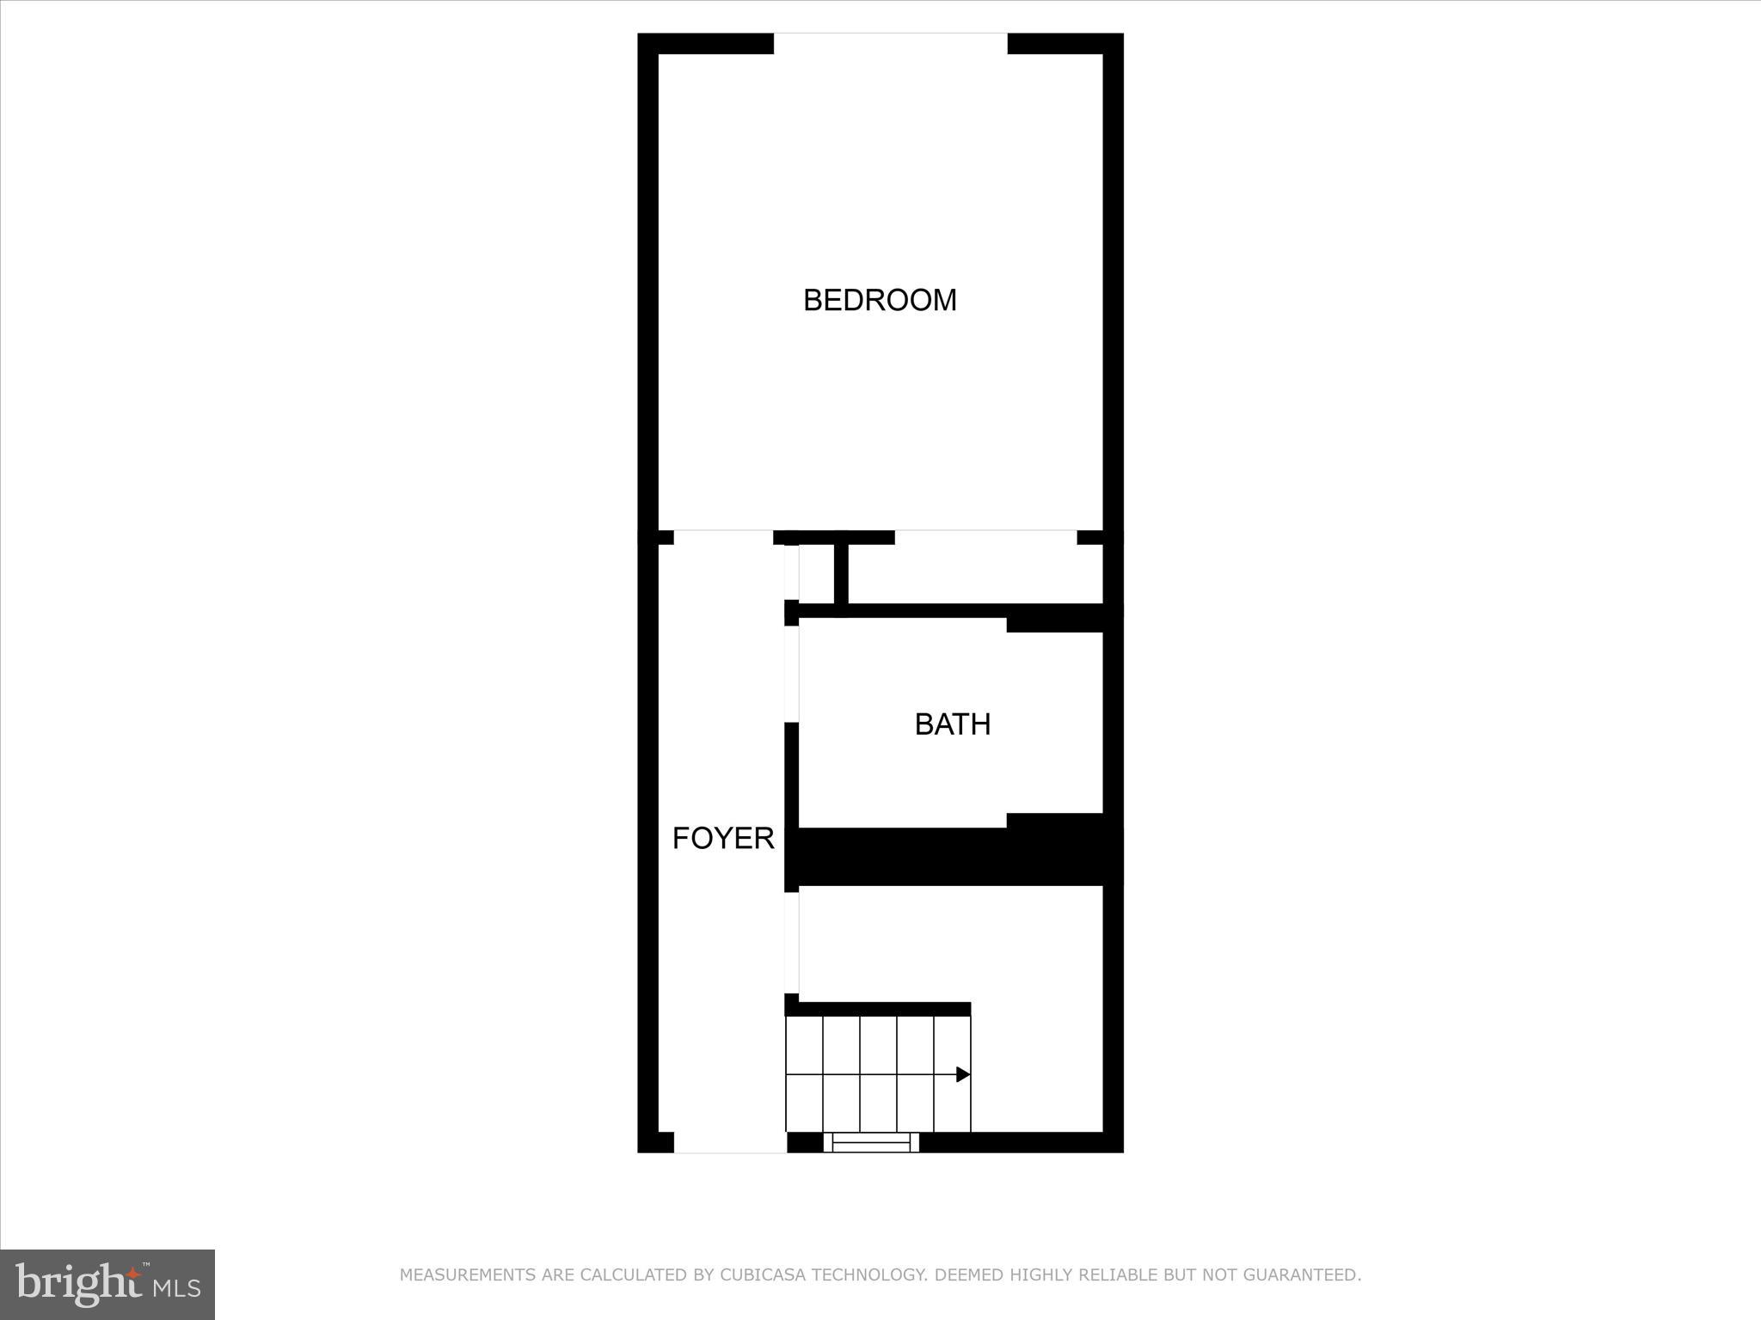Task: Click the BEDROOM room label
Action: (880, 300)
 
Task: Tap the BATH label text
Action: (952, 724)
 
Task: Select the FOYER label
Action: (723, 838)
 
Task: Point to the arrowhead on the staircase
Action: (963, 1074)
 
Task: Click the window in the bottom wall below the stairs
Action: (871, 1142)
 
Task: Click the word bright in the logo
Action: (77, 1283)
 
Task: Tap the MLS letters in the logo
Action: (177, 1287)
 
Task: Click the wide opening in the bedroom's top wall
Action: (891, 43)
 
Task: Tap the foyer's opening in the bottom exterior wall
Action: (730, 1142)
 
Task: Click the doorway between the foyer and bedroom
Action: (723, 537)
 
